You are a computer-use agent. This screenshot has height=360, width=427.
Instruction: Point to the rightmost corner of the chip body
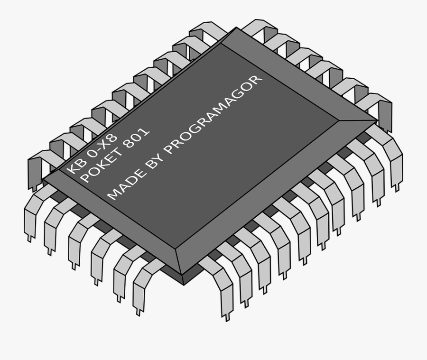point(378,120)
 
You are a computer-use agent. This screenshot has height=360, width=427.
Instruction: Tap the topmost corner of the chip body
point(237,28)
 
